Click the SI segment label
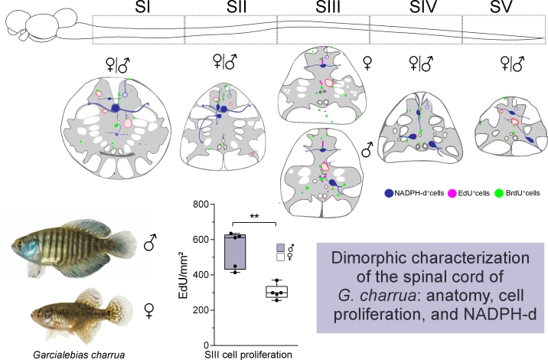click(142, 7)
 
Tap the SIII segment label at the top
click(328, 7)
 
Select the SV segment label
click(501, 7)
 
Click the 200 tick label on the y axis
click(201, 310)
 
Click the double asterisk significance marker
click(254, 217)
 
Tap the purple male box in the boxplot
click(235, 252)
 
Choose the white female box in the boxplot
click(277, 292)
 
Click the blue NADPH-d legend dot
click(389, 193)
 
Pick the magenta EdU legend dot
click(452, 193)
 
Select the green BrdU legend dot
click(499, 193)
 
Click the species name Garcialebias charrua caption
click(79, 355)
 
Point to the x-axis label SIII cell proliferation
click(249, 355)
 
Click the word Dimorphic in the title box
click(363, 258)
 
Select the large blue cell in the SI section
click(116, 108)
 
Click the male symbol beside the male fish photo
click(150, 243)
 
